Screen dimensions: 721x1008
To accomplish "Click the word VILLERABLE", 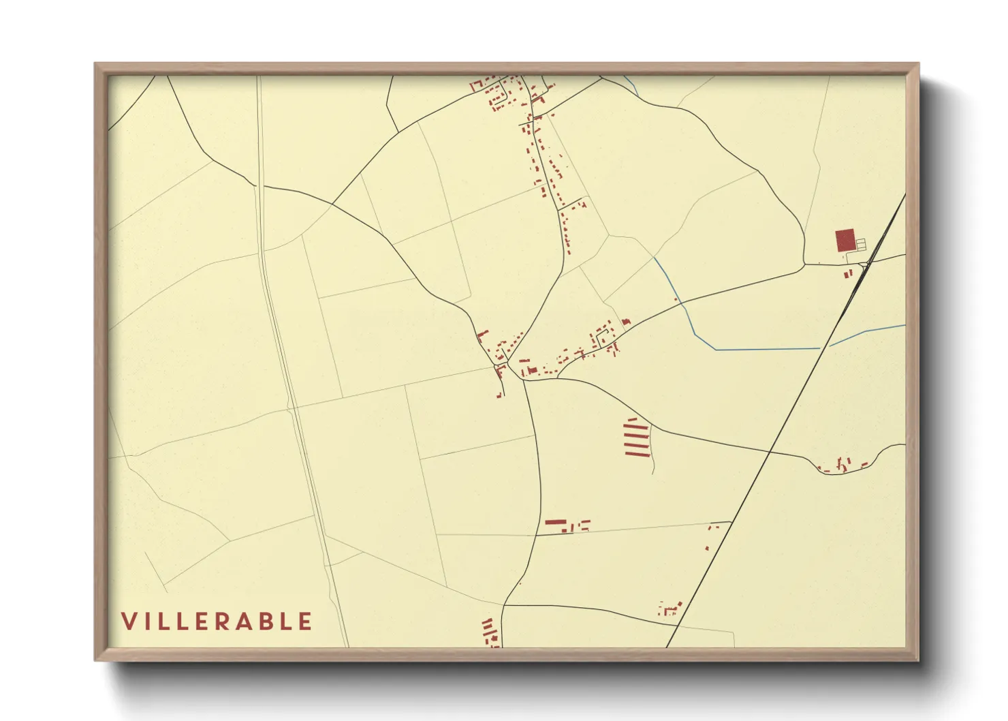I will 217,622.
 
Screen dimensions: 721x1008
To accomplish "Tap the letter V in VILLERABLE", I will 128,622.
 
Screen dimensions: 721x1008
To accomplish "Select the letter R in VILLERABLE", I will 241,622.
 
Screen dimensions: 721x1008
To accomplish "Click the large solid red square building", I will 845,241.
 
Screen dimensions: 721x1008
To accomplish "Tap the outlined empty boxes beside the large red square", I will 860,243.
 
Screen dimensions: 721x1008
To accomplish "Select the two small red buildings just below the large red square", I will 848,273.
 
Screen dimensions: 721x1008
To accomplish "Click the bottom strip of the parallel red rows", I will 637,453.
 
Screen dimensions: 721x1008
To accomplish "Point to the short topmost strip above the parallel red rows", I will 631,419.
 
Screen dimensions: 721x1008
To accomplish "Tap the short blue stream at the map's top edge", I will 631,85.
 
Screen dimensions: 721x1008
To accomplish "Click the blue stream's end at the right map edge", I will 904,326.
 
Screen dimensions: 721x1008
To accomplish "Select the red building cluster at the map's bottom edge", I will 489,633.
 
